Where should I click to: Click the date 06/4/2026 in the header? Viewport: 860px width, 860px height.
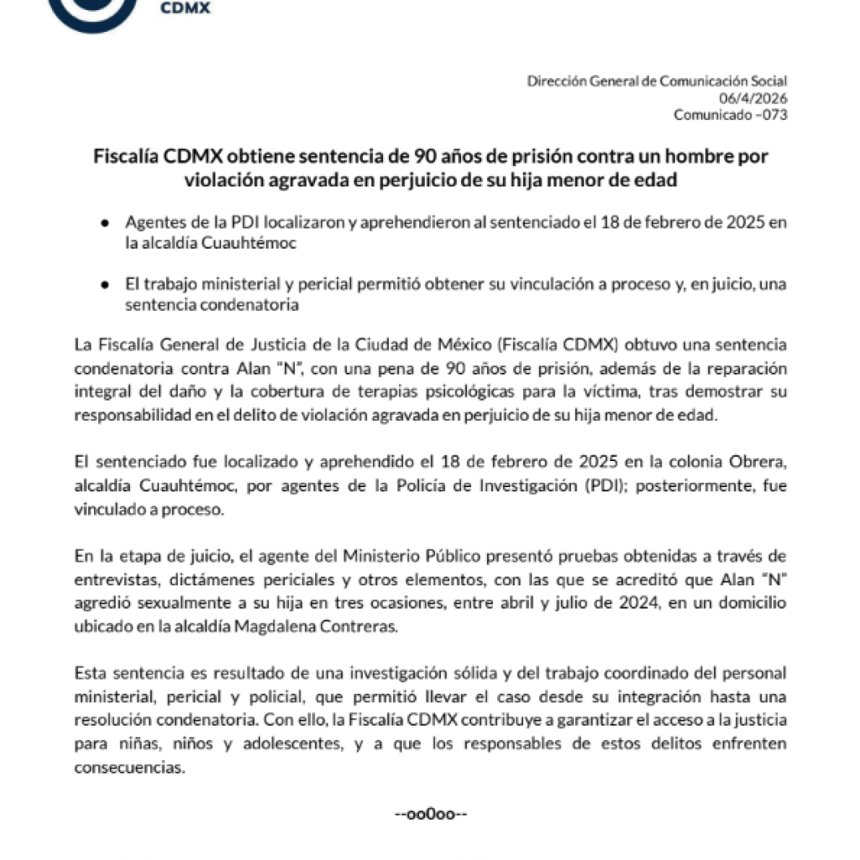point(760,98)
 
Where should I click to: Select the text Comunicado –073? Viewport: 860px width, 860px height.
point(731,115)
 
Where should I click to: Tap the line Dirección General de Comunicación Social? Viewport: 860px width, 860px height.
point(657,81)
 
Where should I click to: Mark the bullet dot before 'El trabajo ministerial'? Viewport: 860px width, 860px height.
point(104,286)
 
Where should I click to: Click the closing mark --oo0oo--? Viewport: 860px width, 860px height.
point(430,815)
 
